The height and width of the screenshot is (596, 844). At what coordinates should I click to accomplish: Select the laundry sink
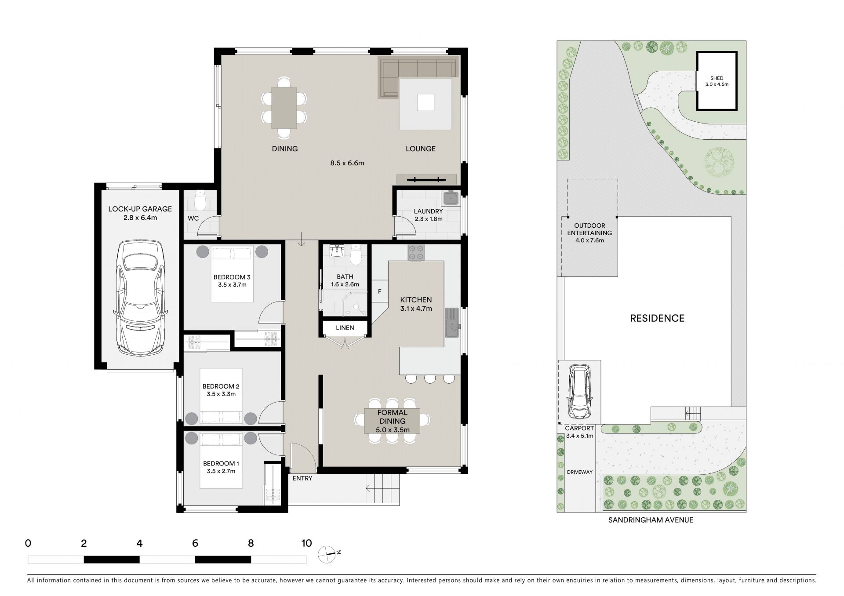[451, 198]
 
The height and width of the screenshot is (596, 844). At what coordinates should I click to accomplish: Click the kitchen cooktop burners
[416, 252]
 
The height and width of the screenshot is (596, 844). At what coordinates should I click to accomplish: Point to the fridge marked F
[380, 291]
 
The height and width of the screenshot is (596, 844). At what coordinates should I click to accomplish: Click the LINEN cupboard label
[345, 328]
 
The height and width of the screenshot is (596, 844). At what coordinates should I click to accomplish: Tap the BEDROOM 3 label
[232, 277]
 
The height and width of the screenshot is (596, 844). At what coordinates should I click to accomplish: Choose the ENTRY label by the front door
[302, 478]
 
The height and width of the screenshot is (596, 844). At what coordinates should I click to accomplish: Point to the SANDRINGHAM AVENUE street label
[651, 520]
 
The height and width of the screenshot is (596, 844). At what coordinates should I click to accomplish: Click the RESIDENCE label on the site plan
[657, 318]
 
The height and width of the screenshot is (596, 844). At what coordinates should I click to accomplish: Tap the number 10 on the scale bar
[306, 543]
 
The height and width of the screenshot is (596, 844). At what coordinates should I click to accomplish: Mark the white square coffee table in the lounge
[426, 103]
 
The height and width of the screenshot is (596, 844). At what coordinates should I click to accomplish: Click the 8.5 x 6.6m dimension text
[347, 163]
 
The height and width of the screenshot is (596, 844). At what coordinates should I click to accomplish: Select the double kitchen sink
[452, 322]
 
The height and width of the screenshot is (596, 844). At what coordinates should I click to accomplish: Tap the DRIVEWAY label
[579, 472]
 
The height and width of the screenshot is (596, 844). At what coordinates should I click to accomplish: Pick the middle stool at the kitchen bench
[430, 378]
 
